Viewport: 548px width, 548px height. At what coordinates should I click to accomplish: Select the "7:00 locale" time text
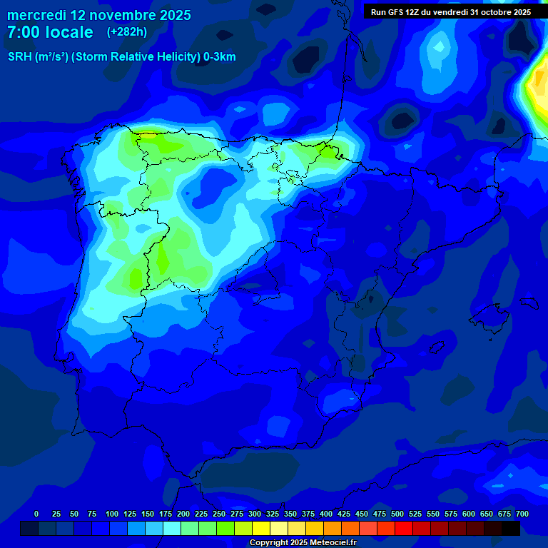coord(50,32)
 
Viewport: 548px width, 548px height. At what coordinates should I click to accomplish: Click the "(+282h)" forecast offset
coord(126,32)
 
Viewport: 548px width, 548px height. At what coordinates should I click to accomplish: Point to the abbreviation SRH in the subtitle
coord(19,57)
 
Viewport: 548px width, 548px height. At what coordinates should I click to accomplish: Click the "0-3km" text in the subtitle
coord(220,57)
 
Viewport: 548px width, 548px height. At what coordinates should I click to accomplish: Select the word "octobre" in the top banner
coord(489,12)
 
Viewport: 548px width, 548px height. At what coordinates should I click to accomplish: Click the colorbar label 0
coord(36,514)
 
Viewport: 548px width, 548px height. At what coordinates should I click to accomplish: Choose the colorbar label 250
coord(218,514)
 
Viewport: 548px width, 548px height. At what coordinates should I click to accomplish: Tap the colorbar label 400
coord(326,514)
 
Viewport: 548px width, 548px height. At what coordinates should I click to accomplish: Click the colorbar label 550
coord(433,514)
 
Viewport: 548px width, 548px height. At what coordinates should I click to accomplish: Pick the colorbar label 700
coord(522,514)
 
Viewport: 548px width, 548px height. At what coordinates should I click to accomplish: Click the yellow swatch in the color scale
coord(261,528)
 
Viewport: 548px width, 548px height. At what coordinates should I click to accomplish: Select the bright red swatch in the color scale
coord(404,528)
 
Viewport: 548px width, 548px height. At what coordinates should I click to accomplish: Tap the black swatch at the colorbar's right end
coord(511,528)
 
